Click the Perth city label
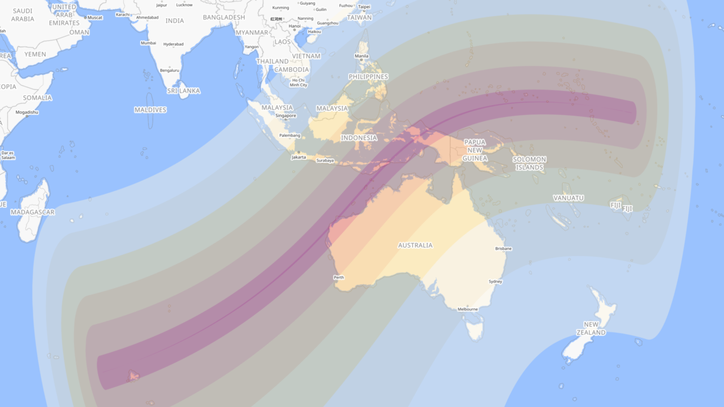point(339,278)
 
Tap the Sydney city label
point(495,282)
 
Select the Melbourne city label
point(468,309)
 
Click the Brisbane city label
point(503,249)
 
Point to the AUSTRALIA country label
point(415,245)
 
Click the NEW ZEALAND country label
point(591,328)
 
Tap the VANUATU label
point(568,198)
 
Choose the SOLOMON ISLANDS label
point(529,163)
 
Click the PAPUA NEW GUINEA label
point(475,150)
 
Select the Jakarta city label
point(299,157)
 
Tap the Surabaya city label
point(325,161)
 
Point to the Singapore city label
point(286,116)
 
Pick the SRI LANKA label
point(183,90)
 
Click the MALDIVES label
point(150,110)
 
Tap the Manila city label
point(361,56)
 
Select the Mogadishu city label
point(27,112)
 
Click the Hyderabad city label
point(173,44)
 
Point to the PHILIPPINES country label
point(368,76)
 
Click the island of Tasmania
point(475,327)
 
